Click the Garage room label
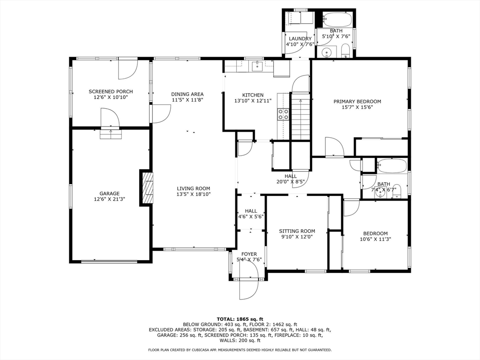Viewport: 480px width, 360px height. [109, 194]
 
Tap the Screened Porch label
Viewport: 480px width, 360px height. [111, 91]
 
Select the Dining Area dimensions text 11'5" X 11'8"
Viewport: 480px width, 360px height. [187, 100]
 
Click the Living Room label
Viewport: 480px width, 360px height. [194, 188]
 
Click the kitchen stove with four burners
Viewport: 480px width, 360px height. [283, 114]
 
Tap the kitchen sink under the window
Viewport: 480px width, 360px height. [257, 66]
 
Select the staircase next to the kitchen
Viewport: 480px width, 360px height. [300, 116]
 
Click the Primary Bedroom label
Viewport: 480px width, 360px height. [357, 102]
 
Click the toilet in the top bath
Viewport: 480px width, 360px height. [345, 51]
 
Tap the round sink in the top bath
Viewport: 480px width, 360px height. [327, 52]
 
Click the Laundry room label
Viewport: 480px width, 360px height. [300, 39]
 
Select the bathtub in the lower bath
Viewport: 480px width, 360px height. [392, 166]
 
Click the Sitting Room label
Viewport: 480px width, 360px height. [297, 231]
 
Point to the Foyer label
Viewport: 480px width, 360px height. [249, 254]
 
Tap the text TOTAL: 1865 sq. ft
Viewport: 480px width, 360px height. [240, 319]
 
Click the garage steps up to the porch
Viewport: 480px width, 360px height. [111, 134]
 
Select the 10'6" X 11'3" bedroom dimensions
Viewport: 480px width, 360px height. [375, 239]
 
